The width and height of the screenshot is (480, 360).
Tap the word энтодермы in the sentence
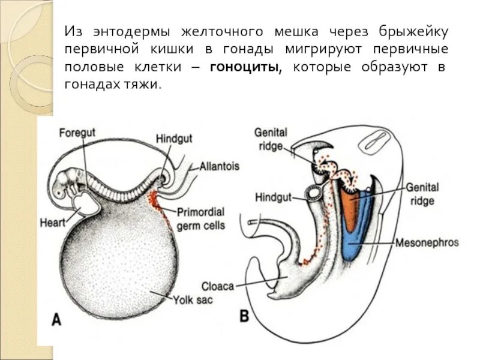pyautogui.click(x=131, y=31)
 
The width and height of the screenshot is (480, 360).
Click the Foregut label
pyautogui.click(x=77, y=132)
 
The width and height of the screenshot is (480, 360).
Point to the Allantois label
pyautogui.click(x=220, y=166)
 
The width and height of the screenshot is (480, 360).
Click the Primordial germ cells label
pyautogui.click(x=202, y=218)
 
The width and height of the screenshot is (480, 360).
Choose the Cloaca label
pyautogui.click(x=218, y=286)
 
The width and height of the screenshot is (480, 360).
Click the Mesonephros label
pyautogui.click(x=427, y=243)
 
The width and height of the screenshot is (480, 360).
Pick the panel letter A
pyautogui.click(x=56, y=319)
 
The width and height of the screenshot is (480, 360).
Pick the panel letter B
pyautogui.click(x=244, y=316)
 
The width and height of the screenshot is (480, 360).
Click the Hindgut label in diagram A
pyautogui.click(x=174, y=139)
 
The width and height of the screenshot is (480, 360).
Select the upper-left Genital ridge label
pyautogui.click(x=271, y=139)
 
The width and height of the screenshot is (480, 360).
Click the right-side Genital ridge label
pyautogui.click(x=422, y=193)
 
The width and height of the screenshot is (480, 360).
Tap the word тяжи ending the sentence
pyautogui.click(x=145, y=85)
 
